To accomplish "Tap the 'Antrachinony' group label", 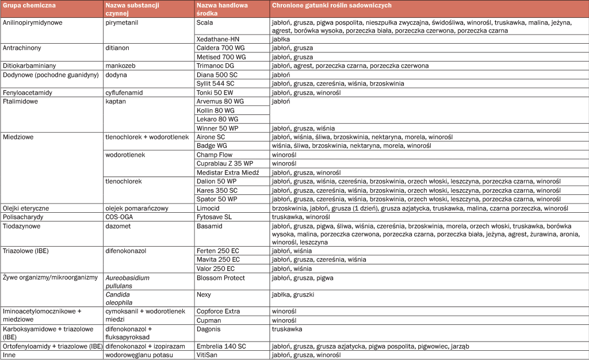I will tap(22, 48).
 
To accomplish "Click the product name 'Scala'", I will tap(205, 22).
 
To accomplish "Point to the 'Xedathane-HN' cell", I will tap(218, 39).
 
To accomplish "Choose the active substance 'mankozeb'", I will tap(120, 66).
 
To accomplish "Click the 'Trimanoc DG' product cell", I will tap(216, 66).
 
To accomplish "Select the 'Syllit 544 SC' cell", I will tap(216, 83).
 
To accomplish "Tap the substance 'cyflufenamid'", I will tap(124, 92).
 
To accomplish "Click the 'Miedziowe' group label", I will tap(18, 137).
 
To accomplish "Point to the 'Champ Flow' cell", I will tap(214, 155).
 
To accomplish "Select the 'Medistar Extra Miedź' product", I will tap(228, 173).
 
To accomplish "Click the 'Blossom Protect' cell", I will tap(221, 278).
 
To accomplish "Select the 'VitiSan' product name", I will tap(208, 355).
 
